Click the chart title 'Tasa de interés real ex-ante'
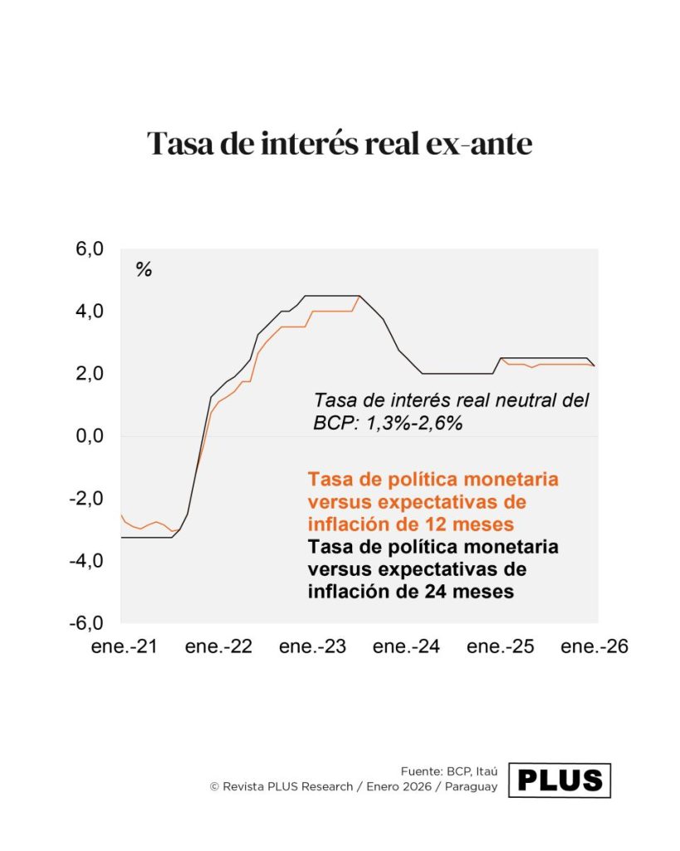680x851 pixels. click(340, 144)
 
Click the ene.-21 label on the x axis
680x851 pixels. click(124, 647)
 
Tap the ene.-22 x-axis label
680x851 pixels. click(218, 647)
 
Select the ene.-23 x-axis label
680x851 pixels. click(312, 647)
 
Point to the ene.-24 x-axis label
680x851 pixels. click(406, 647)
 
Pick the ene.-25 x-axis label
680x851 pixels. click(500, 647)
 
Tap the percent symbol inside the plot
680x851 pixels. click(144, 269)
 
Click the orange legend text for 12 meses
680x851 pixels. click(433, 502)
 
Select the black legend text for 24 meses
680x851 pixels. click(433, 569)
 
